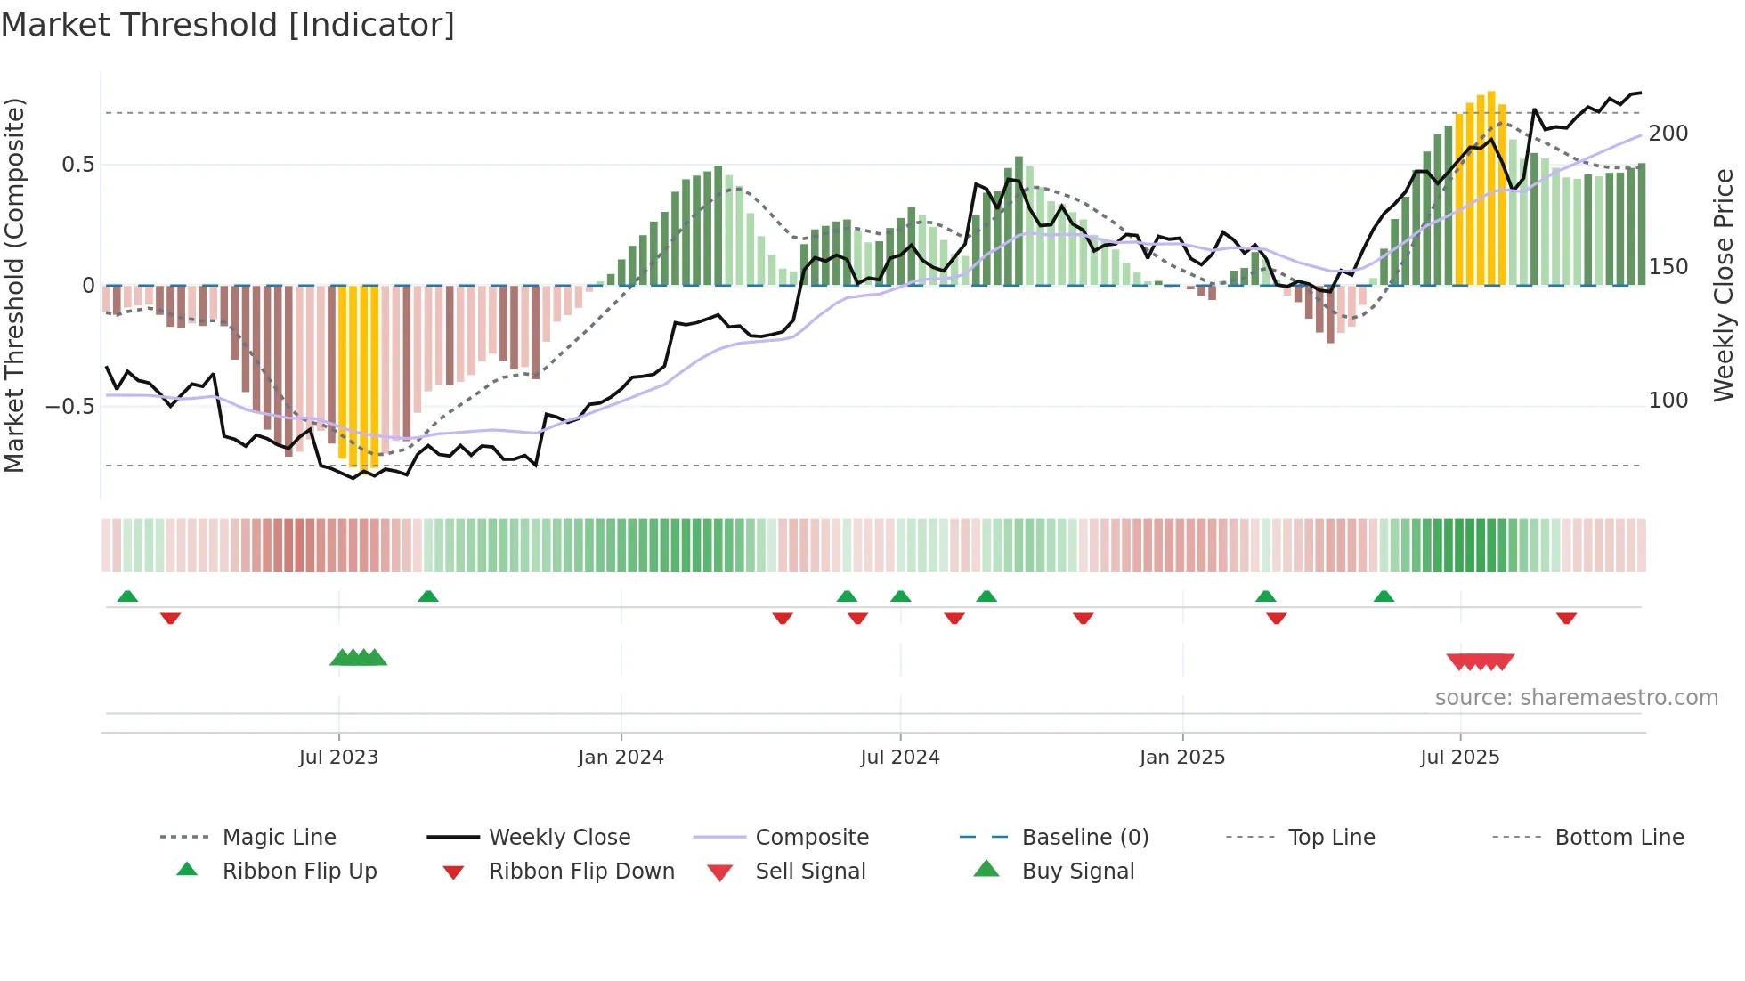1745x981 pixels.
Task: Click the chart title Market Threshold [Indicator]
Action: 228,25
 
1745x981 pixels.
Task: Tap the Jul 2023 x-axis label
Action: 338,758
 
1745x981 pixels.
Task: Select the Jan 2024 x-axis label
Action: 621,758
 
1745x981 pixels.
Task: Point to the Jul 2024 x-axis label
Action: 900,758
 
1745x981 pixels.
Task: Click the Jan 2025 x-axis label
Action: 1182,758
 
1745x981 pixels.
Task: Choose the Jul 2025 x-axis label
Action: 1460,758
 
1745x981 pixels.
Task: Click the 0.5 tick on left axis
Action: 78,165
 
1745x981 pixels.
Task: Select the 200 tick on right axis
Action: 1668,134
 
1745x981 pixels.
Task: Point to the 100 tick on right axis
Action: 1668,401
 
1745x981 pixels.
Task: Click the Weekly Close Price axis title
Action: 1724,285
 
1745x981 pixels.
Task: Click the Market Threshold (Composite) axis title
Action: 14,285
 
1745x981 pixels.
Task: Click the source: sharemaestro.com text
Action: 1577,698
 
